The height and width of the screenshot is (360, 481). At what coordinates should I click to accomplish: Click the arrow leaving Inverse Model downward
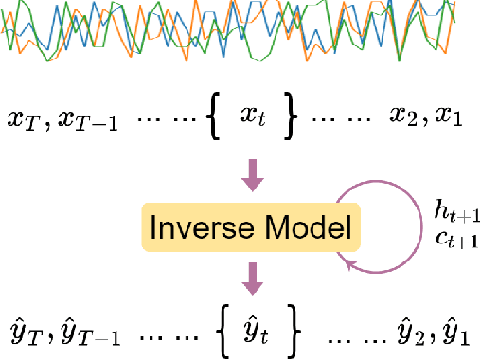click(x=252, y=276)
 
